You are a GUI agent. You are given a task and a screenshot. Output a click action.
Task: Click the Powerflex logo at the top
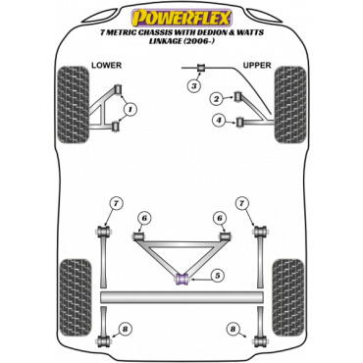coord(181,18)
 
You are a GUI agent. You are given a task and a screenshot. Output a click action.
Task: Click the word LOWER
coord(106,66)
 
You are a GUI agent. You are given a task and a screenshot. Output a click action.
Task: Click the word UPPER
coord(257,66)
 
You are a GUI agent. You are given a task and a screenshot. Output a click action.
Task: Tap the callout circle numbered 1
coord(130,109)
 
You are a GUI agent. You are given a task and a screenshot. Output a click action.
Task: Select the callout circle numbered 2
coord(216,99)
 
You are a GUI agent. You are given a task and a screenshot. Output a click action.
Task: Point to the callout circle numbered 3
coord(194,86)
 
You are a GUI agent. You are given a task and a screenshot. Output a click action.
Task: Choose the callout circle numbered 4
coord(219,121)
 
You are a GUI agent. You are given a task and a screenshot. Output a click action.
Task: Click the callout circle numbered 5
coord(218,277)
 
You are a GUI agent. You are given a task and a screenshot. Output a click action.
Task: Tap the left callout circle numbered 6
coord(144,218)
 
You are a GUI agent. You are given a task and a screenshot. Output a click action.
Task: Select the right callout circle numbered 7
coord(241,204)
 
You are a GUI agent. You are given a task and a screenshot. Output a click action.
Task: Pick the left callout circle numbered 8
coord(125,330)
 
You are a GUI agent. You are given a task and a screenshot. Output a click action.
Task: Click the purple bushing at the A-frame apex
coord(181,279)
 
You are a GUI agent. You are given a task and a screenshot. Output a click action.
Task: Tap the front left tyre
coord(73,105)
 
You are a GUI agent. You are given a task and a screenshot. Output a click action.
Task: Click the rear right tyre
coord(288,298)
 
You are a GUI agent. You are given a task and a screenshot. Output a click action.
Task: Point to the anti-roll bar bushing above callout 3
coord(201,68)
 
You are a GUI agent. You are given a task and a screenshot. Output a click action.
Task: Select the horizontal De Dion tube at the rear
coord(181,297)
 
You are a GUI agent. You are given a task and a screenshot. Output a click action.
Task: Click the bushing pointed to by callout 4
coord(241,123)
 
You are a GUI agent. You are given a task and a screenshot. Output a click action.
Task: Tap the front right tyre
coord(290,105)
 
